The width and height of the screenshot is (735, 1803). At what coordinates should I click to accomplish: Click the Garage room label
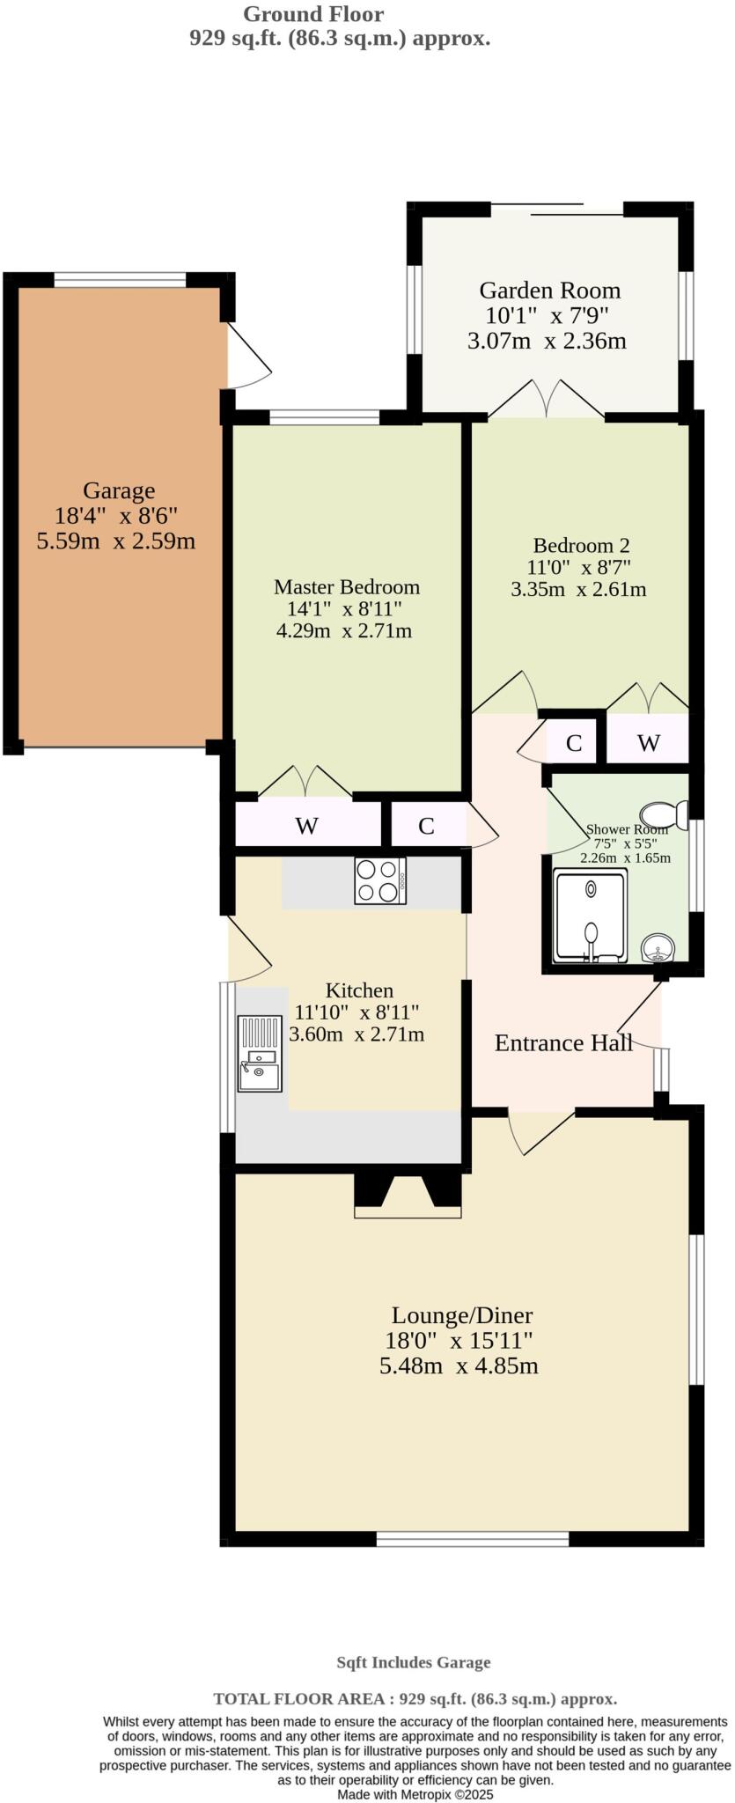119,490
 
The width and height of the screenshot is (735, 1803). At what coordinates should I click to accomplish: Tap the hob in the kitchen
380,879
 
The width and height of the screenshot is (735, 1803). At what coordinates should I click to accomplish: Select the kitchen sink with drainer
259,1054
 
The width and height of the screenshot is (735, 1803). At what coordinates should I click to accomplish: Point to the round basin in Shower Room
658,949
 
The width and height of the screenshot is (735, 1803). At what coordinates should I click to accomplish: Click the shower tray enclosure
591,916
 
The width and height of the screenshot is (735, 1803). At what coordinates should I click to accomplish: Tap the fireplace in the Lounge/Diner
408,1195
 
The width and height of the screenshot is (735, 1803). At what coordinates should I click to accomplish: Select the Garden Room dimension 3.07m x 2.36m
547,341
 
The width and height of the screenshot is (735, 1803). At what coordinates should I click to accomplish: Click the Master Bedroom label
346,586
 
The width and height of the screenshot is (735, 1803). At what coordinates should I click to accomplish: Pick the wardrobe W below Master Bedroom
306,825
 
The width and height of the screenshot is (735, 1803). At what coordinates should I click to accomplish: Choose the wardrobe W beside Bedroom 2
648,742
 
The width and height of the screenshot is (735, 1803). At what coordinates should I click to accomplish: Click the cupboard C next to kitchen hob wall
427,825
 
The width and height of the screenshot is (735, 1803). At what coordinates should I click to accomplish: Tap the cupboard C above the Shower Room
574,742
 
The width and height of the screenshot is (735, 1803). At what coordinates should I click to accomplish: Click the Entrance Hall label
563,1043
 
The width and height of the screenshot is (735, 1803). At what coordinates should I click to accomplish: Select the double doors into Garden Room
547,401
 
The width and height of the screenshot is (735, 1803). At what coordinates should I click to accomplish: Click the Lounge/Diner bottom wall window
473,1539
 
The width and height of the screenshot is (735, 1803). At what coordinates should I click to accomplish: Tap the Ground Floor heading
313,14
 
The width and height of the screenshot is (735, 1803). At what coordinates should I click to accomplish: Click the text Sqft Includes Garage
413,1663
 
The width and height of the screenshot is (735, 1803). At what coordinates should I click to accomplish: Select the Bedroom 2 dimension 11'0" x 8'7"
578,567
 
